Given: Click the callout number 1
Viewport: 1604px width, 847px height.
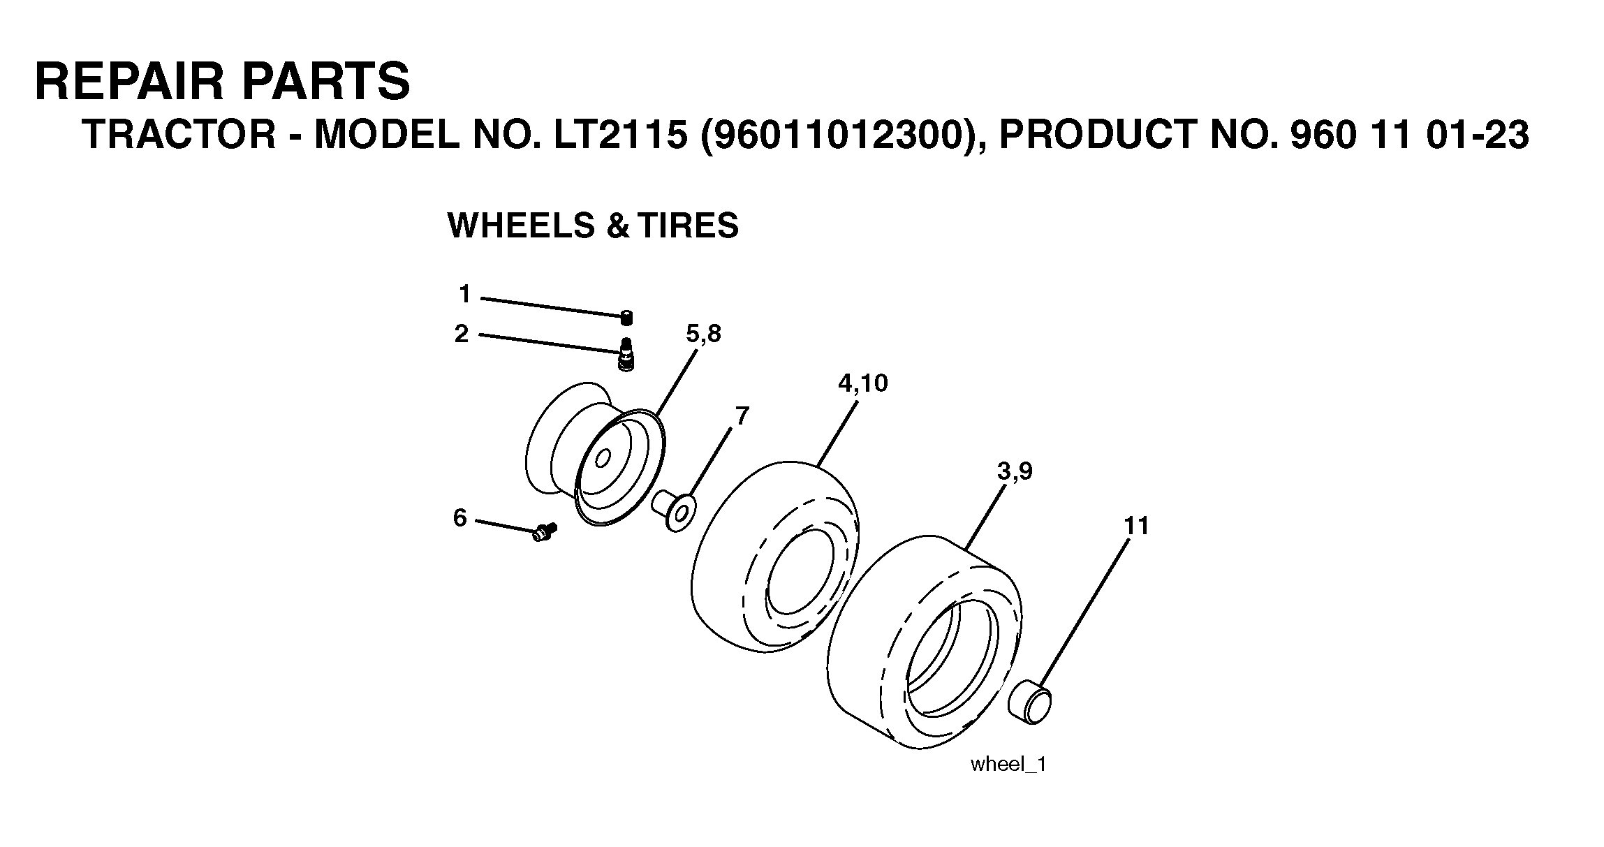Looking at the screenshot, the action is click(464, 295).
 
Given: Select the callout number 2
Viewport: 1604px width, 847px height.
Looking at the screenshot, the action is click(462, 334).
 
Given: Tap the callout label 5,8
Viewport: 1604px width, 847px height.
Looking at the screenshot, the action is click(703, 334).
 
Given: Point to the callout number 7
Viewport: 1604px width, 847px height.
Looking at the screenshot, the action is click(742, 417).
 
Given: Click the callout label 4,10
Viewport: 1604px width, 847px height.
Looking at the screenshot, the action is click(863, 383).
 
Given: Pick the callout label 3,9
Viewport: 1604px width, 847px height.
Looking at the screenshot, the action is click(1015, 472).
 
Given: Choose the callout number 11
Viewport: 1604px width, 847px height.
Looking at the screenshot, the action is click(1136, 526).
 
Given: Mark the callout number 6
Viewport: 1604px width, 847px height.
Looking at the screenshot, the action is click(459, 518).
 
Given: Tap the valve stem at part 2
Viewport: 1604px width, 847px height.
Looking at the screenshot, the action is click(626, 355).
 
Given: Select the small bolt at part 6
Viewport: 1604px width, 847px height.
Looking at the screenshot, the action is click(543, 533).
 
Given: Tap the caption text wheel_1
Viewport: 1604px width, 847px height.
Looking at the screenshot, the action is click(1008, 764).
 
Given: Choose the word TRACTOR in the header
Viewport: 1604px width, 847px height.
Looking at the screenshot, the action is click(179, 134).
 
